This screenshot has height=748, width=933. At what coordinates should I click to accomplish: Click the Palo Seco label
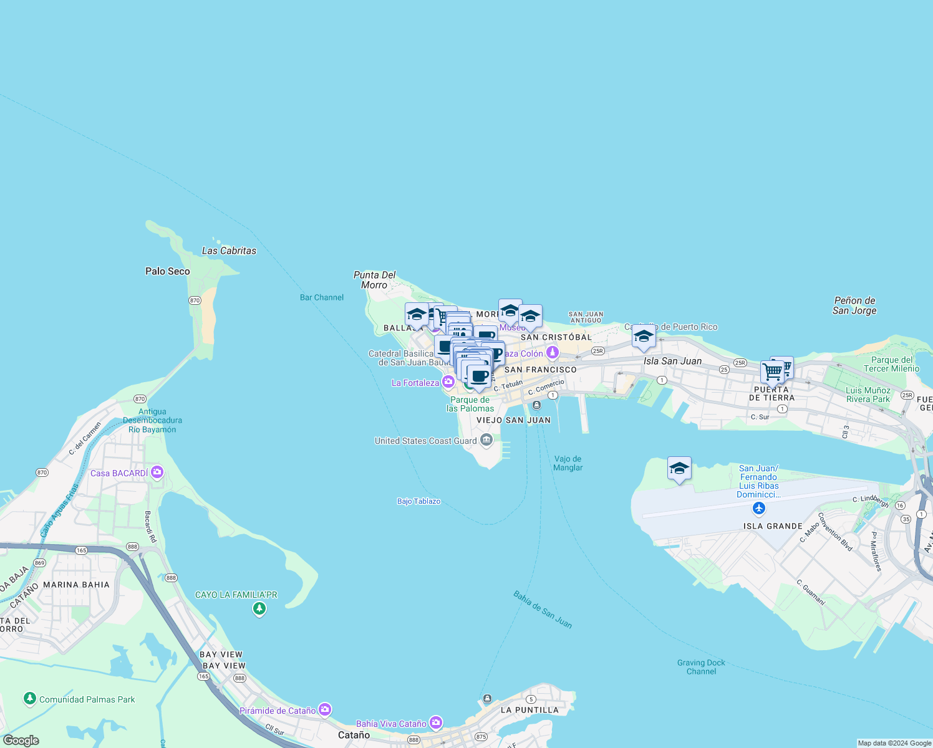(167, 271)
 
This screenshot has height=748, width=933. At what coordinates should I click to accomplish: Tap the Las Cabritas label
(229, 251)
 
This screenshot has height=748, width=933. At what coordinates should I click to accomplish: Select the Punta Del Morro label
(374, 280)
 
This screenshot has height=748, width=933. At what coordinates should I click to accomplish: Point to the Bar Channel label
(322, 297)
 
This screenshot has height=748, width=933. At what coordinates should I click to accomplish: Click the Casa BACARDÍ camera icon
(157, 472)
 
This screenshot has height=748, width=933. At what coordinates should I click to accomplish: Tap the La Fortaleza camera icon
(448, 382)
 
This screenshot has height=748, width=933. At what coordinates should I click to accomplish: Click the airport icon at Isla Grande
(758, 509)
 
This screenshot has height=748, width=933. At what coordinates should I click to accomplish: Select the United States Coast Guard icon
(486, 441)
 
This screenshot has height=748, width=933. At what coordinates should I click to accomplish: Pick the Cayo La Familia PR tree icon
(259, 608)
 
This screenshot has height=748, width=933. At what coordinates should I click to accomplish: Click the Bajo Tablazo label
(418, 501)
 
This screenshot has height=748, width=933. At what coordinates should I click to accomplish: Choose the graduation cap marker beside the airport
(679, 469)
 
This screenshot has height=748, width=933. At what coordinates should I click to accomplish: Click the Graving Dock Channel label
(701, 667)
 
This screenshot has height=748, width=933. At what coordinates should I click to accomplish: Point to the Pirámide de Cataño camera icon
(324, 710)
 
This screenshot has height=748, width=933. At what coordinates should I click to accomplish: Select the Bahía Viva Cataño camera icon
(435, 723)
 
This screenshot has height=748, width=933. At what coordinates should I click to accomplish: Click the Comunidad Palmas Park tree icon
(29, 699)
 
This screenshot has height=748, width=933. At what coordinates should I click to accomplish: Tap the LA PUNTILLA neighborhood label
(529, 710)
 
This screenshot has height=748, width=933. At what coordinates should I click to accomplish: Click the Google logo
(21, 741)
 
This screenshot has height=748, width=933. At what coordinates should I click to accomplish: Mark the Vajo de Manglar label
(568, 463)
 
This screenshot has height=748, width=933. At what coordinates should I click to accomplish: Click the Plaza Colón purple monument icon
(552, 353)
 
